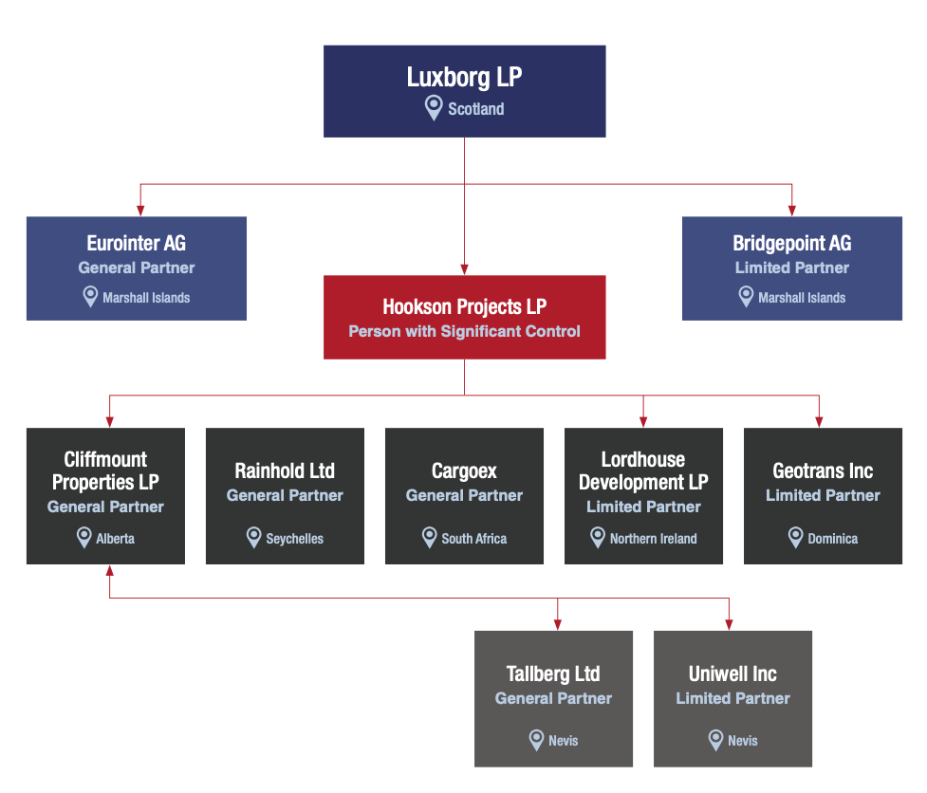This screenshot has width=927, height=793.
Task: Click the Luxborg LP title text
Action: pyautogui.click(x=464, y=77)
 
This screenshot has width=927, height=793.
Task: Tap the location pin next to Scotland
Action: pyautogui.click(x=433, y=107)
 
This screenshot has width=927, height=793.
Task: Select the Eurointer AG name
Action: pyautogui.click(x=136, y=244)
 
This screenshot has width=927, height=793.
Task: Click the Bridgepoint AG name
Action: pyautogui.click(x=791, y=244)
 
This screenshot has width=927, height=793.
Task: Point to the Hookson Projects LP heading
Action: pyautogui.click(x=464, y=306)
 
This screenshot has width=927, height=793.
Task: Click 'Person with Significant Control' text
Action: pyautogui.click(x=464, y=331)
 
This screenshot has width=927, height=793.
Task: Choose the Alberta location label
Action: pyautogui.click(x=115, y=539)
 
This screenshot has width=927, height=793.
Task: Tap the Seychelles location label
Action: pyautogui.click(x=294, y=539)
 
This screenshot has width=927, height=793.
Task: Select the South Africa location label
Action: pyautogui.click(x=473, y=539)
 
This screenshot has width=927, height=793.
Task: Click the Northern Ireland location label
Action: pyautogui.click(x=653, y=539)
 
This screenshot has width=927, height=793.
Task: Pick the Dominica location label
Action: pyautogui.click(x=832, y=539)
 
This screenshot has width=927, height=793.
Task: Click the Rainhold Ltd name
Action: pyautogui.click(x=285, y=470)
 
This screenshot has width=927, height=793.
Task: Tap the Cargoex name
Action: pyautogui.click(x=464, y=470)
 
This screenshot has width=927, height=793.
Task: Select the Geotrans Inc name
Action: pyautogui.click(x=823, y=470)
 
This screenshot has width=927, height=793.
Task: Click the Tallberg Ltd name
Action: pyautogui.click(x=553, y=673)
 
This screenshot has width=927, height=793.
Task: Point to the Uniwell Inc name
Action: pyautogui.click(x=732, y=673)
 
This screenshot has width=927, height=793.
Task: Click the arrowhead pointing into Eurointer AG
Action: pyautogui.click(x=140, y=210)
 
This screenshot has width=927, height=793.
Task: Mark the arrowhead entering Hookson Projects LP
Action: pyautogui.click(x=464, y=268)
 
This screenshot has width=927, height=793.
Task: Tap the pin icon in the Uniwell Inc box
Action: pyautogui.click(x=716, y=740)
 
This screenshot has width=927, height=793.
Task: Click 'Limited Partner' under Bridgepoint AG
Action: pyautogui.click(x=791, y=267)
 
